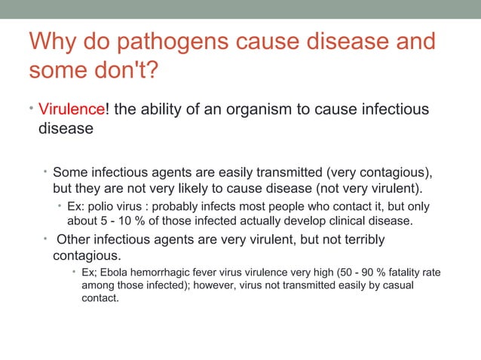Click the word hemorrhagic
[x=170, y=272]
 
